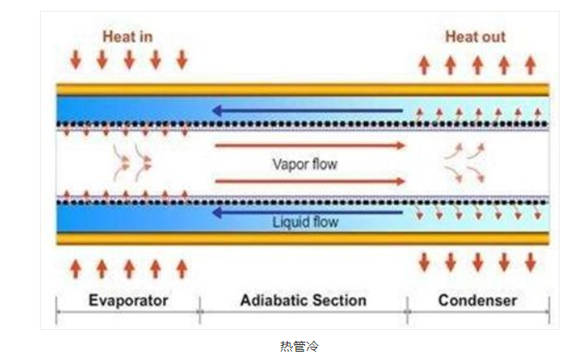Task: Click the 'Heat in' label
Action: pos(127,37)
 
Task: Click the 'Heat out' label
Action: pos(475,37)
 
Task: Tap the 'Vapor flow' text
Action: pos(305,164)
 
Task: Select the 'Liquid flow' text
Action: pos(305,223)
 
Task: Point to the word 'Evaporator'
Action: pos(128,300)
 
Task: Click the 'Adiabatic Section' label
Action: pos(303,300)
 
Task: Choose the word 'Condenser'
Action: pos(477,300)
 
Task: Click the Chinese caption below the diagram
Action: pos(298,345)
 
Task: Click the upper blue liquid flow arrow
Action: pos(307,110)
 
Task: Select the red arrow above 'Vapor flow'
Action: pos(310,145)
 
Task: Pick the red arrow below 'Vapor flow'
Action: pos(310,181)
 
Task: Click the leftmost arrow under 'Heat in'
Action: pos(76,60)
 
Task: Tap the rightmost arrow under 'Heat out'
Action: pos(530,64)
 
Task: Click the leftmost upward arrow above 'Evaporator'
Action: pos(76,268)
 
